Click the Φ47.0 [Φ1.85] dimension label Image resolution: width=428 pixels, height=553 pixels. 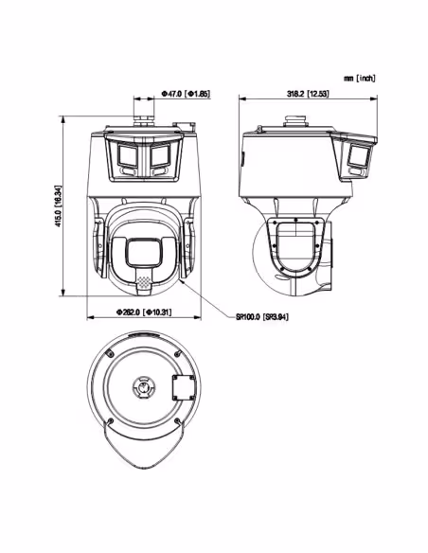pyautogui.click(x=186, y=94)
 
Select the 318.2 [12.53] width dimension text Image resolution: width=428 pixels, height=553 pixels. pyautogui.click(x=308, y=94)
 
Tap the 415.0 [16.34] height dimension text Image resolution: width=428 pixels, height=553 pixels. pyautogui.click(x=59, y=206)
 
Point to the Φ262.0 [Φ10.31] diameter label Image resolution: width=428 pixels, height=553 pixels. pyautogui.click(x=144, y=312)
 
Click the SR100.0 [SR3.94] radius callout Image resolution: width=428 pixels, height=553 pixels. pyautogui.click(x=262, y=316)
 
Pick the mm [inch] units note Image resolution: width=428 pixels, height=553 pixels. pyautogui.click(x=360, y=78)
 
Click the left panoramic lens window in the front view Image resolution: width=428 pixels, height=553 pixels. pyautogui.click(x=128, y=155)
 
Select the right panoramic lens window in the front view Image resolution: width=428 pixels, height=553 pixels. pyautogui.click(x=160, y=155)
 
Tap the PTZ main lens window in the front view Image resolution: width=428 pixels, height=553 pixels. pyautogui.click(x=144, y=253)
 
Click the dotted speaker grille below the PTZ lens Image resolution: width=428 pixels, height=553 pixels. pyautogui.click(x=144, y=281)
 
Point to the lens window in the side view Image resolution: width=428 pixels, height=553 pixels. pyautogui.click(x=359, y=156)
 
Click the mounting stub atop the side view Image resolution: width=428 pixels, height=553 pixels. pyautogui.click(x=295, y=121)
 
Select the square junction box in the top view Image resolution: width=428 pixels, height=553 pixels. pyautogui.click(x=184, y=387)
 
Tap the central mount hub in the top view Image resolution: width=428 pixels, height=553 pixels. pyautogui.click(x=144, y=387)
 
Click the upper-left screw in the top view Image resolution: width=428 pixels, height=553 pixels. pyautogui.click(x=110, y=354)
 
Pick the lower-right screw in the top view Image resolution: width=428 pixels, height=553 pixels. pyautogui.click(x=178, y=420)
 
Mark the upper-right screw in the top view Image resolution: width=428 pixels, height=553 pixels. pyautogui.click(x=178, y=353)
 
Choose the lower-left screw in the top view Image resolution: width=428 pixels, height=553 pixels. pyautogui.click(x=111, y=420)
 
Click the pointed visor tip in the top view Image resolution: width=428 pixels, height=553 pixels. pyautogui.click(x=144, y=468)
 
